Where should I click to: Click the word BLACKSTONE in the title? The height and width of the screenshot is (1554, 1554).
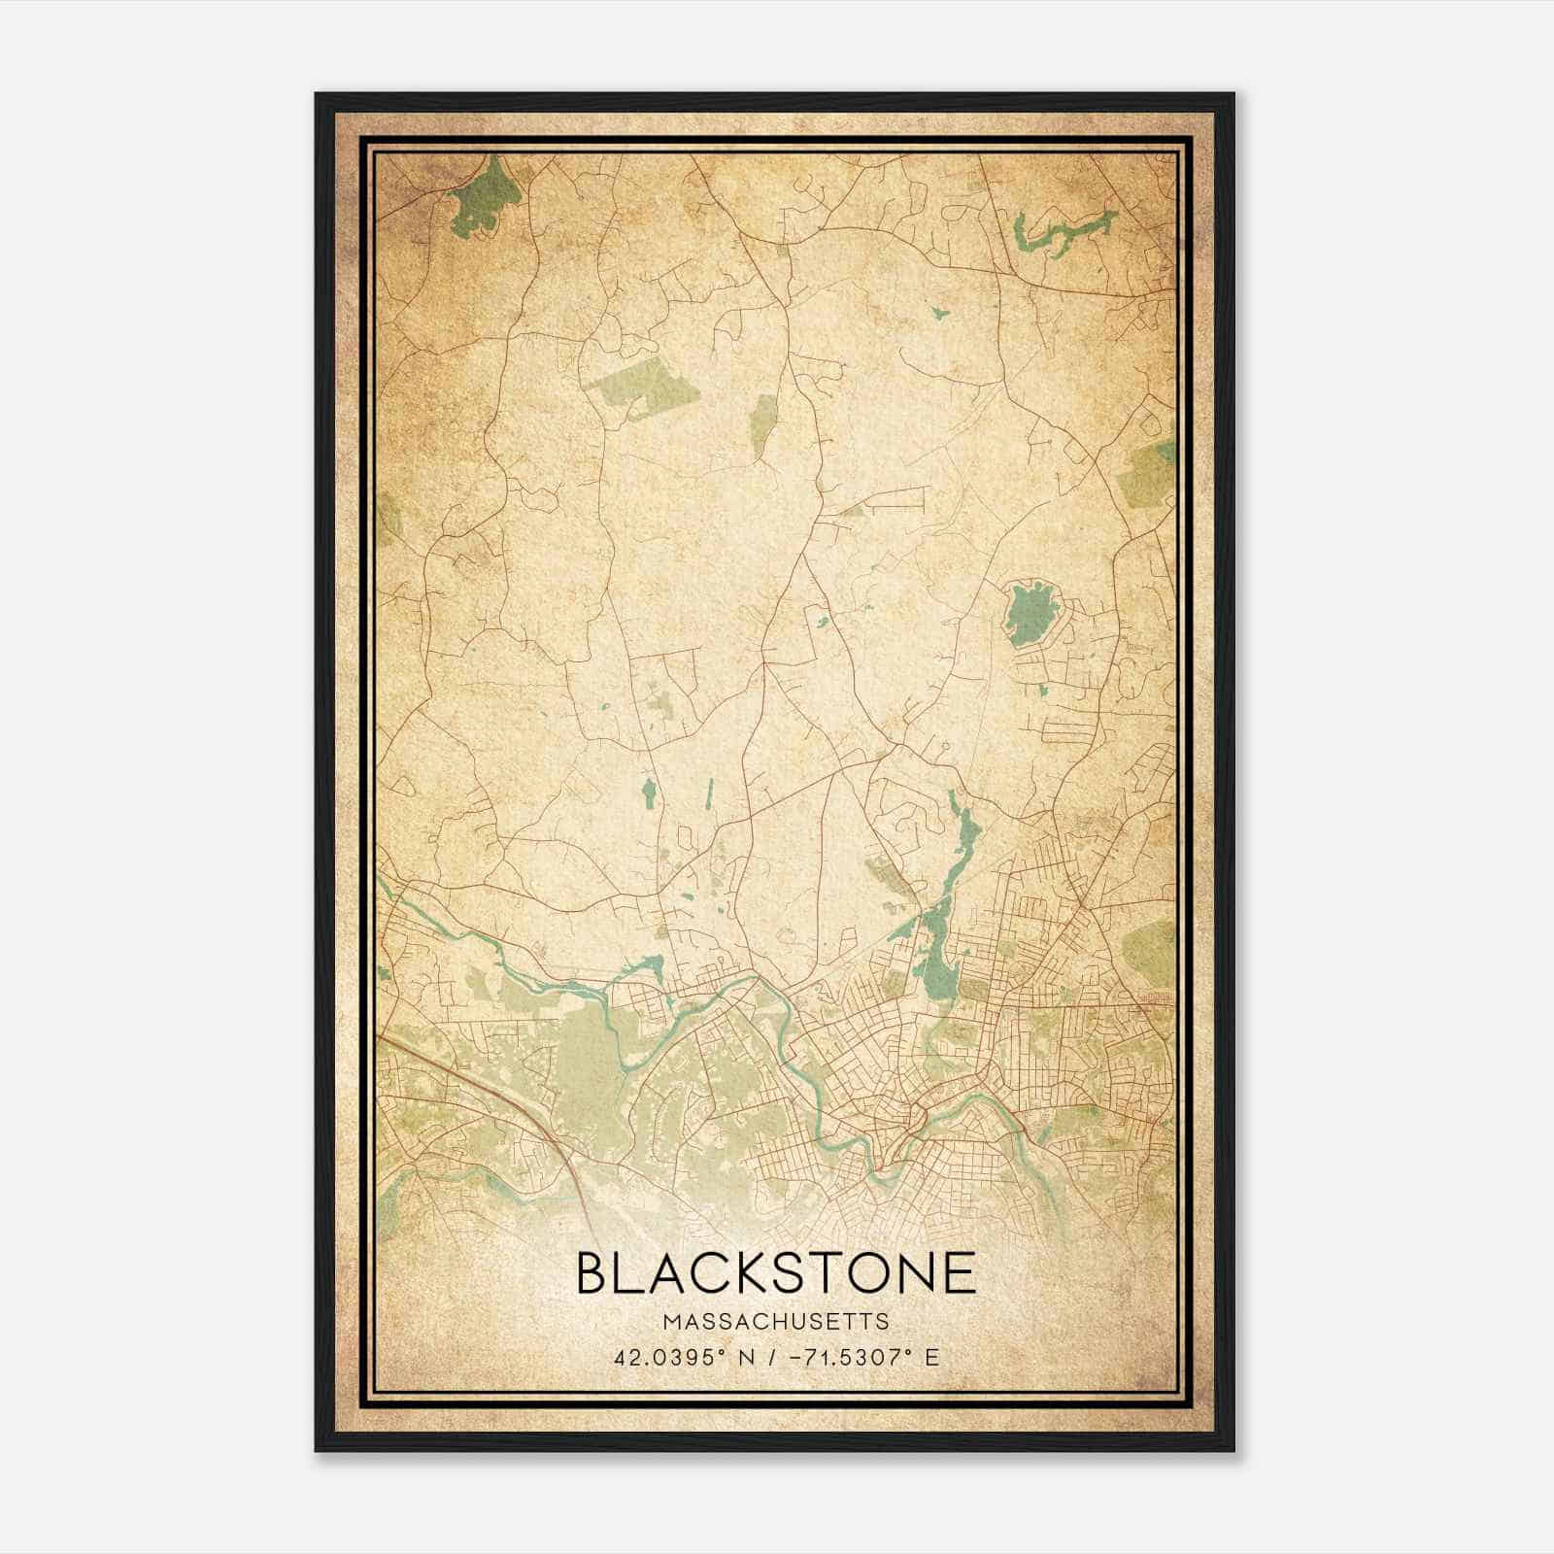776,1272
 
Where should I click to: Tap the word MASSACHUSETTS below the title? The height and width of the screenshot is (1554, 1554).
776,1322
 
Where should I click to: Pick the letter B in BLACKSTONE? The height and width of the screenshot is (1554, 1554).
593,1272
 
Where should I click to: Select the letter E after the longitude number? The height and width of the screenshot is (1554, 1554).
931,1357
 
